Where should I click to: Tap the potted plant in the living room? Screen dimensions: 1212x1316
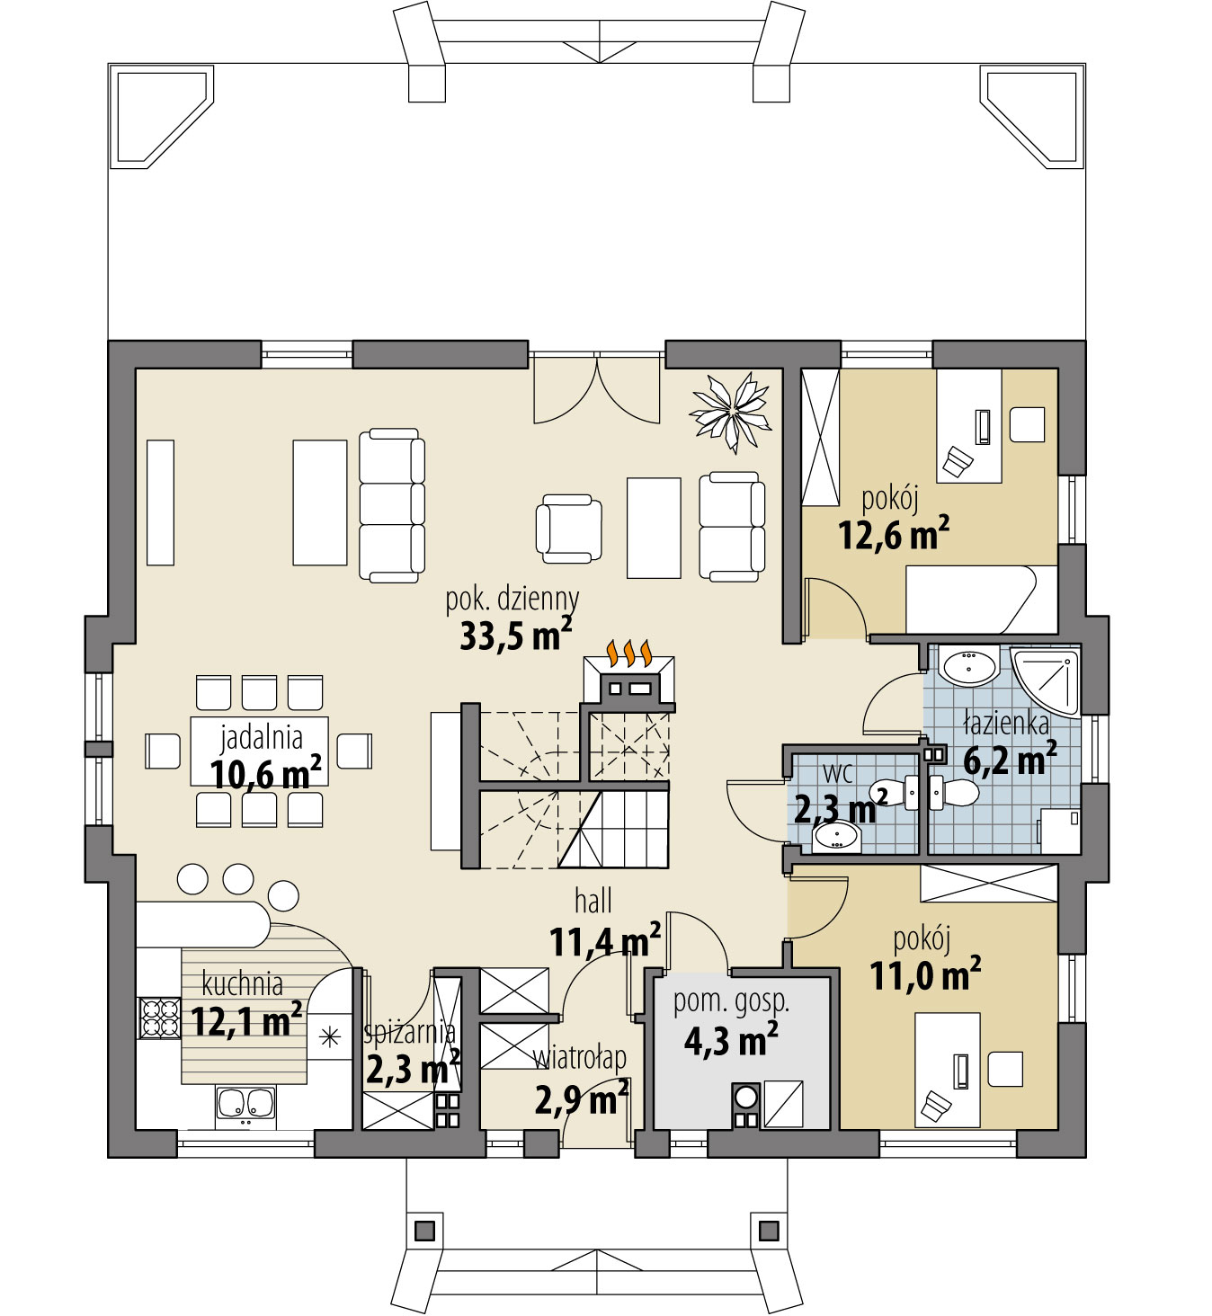(730, 412)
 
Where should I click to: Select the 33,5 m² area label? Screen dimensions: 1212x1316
(516, 636)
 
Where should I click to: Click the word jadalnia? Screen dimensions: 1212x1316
(262, 738)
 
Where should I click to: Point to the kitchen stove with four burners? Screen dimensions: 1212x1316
(160, 1018)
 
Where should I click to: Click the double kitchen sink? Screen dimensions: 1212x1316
(245, 1103)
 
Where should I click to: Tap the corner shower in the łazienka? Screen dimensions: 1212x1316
(1046, 683)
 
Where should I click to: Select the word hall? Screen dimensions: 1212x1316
(593, 902)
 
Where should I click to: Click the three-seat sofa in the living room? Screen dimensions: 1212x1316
(392, 505)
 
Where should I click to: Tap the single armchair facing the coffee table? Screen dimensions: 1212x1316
(568, 529)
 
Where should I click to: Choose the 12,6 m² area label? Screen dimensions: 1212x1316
(894, 534)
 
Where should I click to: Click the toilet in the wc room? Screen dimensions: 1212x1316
(895, 793)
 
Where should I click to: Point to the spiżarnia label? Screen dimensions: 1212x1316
(409, 1033)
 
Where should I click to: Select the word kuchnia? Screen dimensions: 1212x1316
(242, 984)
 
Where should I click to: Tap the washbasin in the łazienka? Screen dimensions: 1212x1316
(968, 666)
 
